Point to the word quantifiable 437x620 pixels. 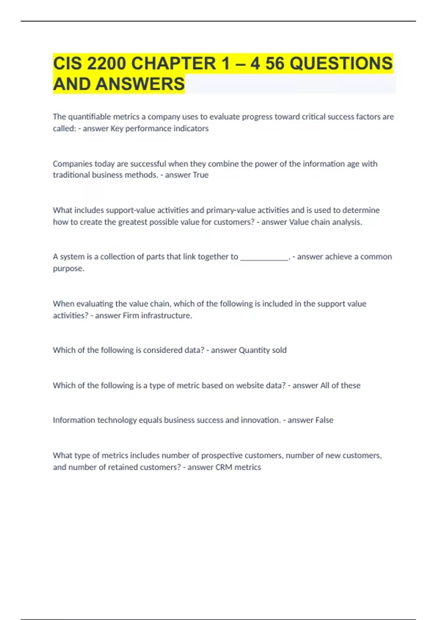click(x=89, y=117)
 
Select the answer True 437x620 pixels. click(x=200, y=175)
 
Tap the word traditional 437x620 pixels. click(x=71, y=175)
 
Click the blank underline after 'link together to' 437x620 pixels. click(x=264, y=257)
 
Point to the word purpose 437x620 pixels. click(x=68, y=269)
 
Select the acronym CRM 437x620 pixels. click(x=224, y=467)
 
